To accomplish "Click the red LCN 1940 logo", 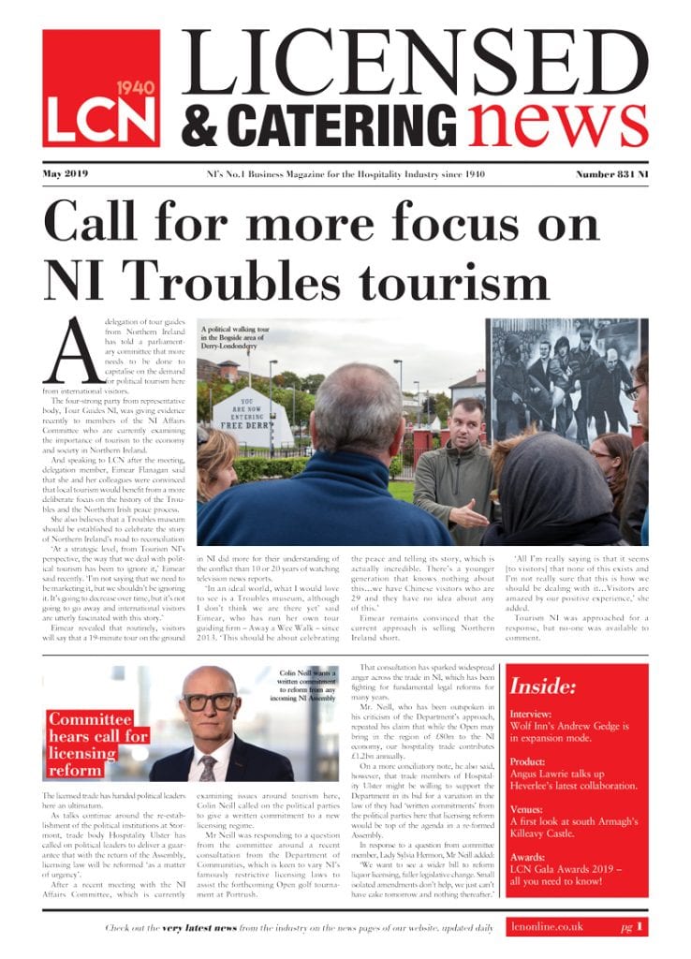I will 101,88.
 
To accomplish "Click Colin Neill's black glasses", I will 209,701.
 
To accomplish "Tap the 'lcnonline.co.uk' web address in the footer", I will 549,926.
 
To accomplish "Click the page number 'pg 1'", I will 631,926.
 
